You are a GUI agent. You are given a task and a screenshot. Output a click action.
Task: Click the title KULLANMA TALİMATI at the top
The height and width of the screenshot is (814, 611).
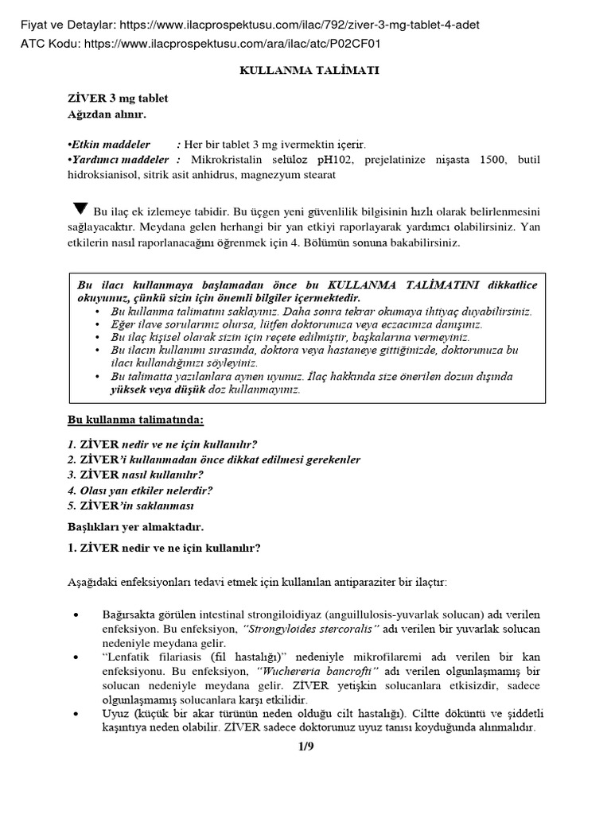point(309,71)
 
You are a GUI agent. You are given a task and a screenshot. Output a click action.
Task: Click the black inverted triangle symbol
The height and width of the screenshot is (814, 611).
point(80,210)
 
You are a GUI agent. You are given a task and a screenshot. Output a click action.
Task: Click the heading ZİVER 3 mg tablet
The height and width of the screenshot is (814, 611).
point(117,98)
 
